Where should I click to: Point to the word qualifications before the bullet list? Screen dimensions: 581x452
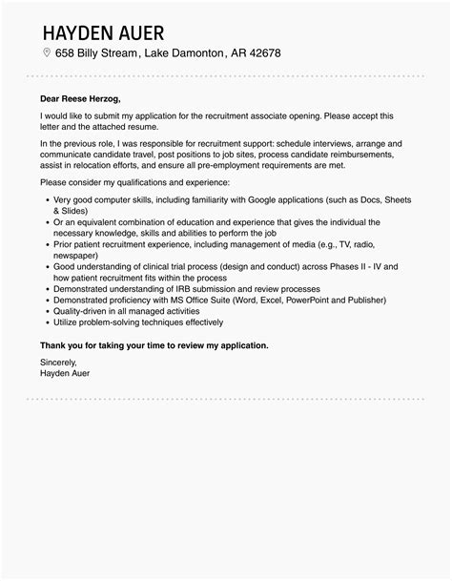pyautogui.click(x=141, y=181)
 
